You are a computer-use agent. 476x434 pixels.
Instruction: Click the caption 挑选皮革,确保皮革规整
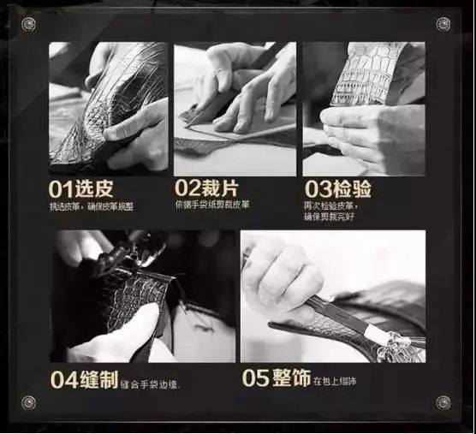pyautogui.click(x=91, y=207)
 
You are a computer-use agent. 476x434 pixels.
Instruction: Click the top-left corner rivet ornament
pyautogui.click(x=29, y=23)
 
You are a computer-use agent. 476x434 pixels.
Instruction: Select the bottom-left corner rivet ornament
pyautogui.click(x=29, y=402)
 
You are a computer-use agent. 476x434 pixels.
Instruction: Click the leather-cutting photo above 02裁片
pyautogui.click(x=235, y=108)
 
